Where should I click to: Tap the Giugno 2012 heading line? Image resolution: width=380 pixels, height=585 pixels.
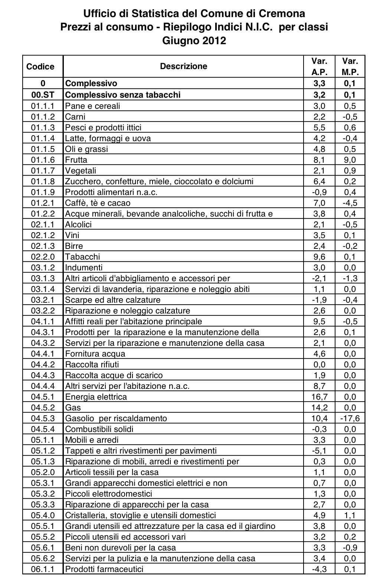coord(194,40)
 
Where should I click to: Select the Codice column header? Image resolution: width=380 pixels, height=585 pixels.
coord(40,66)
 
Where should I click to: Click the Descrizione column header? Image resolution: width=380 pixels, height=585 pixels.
coord(183,66)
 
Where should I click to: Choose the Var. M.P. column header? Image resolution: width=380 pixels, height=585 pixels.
coord(350,66)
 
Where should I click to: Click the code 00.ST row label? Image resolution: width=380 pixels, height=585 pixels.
coord(43,95)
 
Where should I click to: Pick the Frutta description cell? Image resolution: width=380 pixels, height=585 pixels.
coord(76,160)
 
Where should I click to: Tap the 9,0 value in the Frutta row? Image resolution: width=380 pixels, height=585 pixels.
coord(350,160)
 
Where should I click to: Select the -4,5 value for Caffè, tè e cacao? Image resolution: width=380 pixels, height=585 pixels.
coord(350,203)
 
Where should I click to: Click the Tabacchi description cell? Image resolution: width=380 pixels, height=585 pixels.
coord(82,257)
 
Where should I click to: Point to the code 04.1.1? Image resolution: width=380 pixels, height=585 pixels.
coord(43,321)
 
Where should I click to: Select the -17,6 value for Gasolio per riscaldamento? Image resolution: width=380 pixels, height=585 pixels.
coord(350,418)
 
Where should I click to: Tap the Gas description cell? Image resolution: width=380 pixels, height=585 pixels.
coord(73,407)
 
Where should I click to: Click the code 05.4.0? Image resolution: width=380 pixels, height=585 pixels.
coord(43,515)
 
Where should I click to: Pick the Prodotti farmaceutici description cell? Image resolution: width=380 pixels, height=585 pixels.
coord(104,569)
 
